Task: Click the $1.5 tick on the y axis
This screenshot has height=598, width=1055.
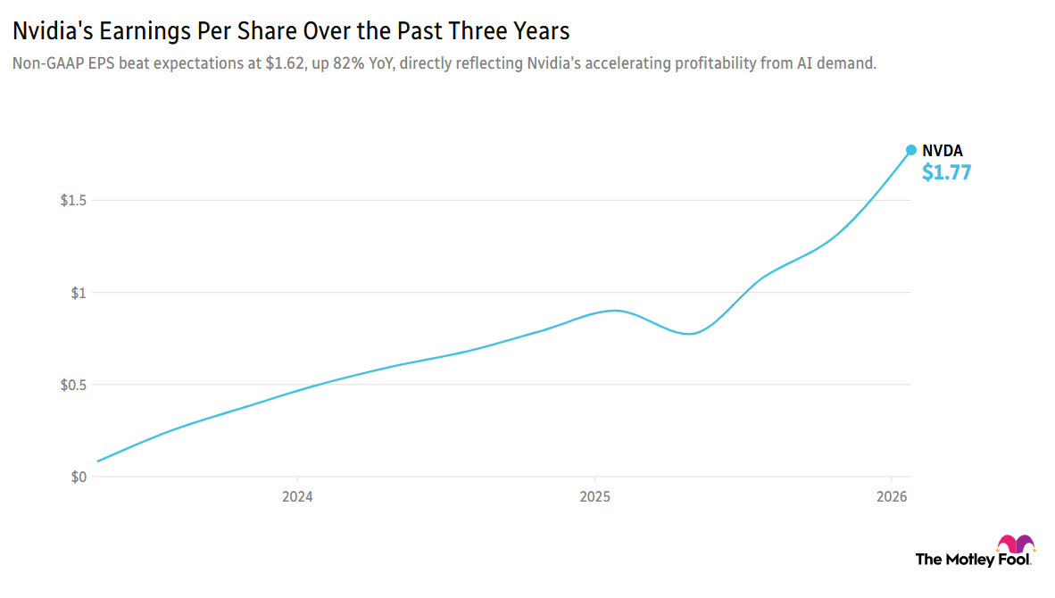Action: click(73, 200)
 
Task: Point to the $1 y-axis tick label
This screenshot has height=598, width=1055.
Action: click(79, 293)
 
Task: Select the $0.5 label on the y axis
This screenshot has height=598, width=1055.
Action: click(73, 385)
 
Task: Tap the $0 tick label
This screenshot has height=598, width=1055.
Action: click(79, 477)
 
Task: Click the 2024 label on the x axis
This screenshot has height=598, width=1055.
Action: click(297, 496)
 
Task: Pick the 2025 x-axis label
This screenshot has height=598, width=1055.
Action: click(594, 496)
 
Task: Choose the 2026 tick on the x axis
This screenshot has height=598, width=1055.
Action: click(892, 496)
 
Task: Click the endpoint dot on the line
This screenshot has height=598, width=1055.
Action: click(911, 150)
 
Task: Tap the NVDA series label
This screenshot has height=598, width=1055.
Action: click(943, 152)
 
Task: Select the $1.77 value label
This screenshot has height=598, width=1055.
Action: click(946, 172)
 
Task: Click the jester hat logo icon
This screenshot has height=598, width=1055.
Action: click(1016, 544)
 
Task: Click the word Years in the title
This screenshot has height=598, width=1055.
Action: click(541, 32)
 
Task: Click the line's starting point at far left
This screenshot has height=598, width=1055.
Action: click(97, 461)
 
